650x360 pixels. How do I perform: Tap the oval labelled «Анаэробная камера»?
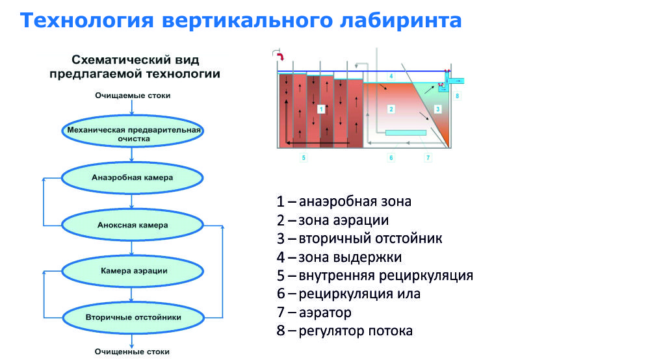pyautogui.click(x=133, y=177)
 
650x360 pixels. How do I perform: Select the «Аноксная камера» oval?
pyautogui.click(x=133, y=225)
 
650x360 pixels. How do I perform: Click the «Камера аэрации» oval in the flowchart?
pyautogui.click(x=133, y=270)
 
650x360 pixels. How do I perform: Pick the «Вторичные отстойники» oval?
pyautogui.click(x=133, y=317)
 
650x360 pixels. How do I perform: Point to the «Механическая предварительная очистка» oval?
pyautogui.click(x=133, y=133)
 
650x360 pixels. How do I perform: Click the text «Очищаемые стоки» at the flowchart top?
pyautogui.click(x=133, y=96)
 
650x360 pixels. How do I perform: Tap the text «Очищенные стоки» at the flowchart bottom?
pyautogui.click(x=133, y=352)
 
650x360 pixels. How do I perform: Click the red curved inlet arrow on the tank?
pyautogui.click(x=280, y=58)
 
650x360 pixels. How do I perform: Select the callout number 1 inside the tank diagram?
pyautogui.click(x=321, y=110)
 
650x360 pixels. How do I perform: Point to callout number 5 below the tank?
pyautogui.click(x=303, y=157)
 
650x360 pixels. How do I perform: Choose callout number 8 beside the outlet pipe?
pyautogui.click(x=457, y=96)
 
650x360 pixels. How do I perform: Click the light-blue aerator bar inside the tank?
pyautogui.click(x=406, y=133)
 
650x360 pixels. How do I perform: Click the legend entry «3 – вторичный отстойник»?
pyautogui.click(x=359, y=238)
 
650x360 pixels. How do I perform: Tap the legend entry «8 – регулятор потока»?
pyautogui.click(x=344, y=331)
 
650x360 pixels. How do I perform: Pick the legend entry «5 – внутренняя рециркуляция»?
pyautogui.click(x=374, y=276)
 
